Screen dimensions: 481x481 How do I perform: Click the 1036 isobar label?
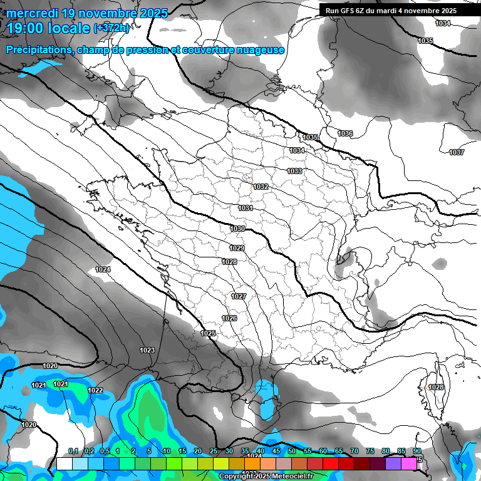click(x=345, y=133)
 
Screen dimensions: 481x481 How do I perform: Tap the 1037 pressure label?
click(x=457, y=152)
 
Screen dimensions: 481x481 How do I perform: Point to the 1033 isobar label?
click(x=294, y=171)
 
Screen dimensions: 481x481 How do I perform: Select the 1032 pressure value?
click(x=261, y=187)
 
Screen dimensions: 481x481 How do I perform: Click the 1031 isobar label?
click(x=246, y=208)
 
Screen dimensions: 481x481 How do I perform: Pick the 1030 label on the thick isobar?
click(x=237, y=229)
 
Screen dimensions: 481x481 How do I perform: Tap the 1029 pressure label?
click(x=237, y=248)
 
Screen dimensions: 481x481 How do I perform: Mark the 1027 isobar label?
click(x=239, y=296)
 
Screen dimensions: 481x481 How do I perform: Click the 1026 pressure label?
click(x=229, y=318)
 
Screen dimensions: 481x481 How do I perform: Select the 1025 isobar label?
click(x=209, y=333)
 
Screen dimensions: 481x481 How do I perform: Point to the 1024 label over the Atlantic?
click(x=103, y=269)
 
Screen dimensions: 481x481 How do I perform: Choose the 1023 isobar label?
click(x=147, y=350)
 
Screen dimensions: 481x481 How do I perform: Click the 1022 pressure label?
click(x=95, y=390)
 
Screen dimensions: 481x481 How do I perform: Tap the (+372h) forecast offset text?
click(x=111, y=28)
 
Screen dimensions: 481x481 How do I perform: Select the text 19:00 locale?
click(x=49, y=28)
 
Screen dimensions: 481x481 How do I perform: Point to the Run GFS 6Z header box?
click(x=391, y=11)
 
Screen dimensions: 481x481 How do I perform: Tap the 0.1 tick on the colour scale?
click(x=73, y=451)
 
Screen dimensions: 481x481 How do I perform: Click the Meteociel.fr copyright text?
click(x=266, y=477)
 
